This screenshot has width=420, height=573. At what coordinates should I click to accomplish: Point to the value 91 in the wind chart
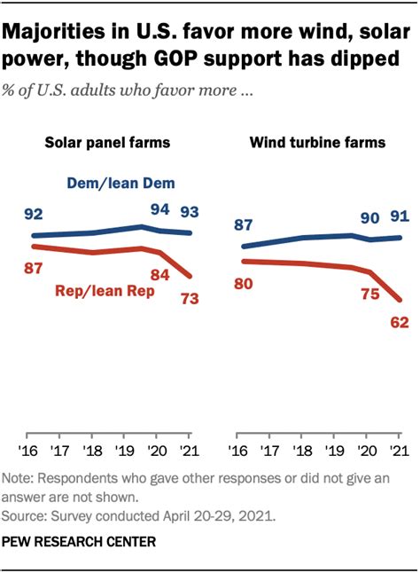click(398, 216)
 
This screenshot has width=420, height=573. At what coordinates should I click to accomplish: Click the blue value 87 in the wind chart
click(243, 225)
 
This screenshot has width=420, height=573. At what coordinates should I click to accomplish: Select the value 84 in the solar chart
click(159, 274)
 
